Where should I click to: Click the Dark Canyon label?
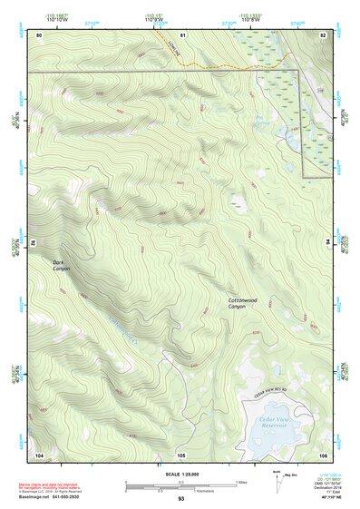click(x=61, y=265)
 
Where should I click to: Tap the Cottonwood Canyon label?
click(x=243, y=303)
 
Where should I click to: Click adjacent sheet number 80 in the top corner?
click(x=40, y=34)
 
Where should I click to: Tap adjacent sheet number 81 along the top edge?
click(x=182, y=34)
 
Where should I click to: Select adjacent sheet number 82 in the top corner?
click(x=322, y=34)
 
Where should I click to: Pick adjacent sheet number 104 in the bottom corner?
click(x=40, y=454)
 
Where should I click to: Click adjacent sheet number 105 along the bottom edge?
click(x=181, y=454)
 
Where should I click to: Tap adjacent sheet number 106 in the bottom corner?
click(x=322, y=454)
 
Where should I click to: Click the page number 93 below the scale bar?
click(x=181, y=499)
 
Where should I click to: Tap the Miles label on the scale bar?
click(x=242, y=481)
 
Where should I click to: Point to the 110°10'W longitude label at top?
click(x=55, y=18)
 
